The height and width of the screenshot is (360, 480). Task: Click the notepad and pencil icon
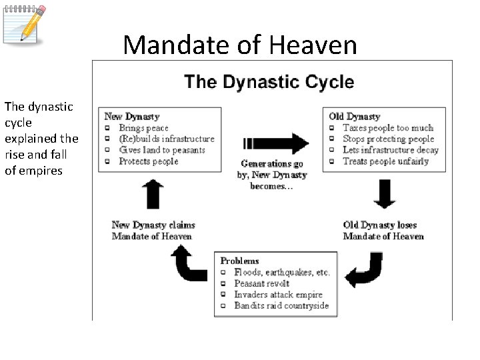click(x=25, y=24)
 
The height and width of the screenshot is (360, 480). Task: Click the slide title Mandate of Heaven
click(x=240, y=45)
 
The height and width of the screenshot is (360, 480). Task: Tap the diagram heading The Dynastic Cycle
click(x=269, y=83)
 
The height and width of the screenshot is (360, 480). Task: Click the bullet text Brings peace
click(x=143, y=128)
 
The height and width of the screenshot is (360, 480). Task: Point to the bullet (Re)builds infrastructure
click(x=167, y=139)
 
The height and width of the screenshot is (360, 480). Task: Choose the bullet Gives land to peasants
click(x=162, y=150)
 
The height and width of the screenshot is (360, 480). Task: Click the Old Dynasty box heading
click(x=355, y=117)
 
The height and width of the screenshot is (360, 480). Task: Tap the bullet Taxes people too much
click(x=387, y=128)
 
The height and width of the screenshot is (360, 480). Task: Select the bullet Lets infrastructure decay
click(x=390, y=150)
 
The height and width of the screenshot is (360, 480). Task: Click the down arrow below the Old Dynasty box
click(x=385, y=194)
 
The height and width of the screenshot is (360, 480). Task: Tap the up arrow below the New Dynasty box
click(x=153, y=194)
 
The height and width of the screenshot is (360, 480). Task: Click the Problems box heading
click(x=239, y=261)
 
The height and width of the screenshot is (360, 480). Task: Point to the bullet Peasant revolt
click(x=261, y=283)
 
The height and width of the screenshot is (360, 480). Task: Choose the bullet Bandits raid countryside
click(x=281, y=305)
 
